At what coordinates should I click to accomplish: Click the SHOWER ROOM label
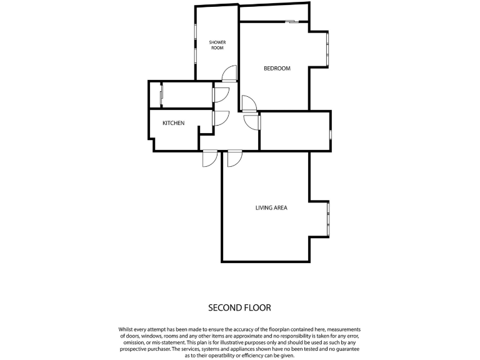217,45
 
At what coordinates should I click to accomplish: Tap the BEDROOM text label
277,69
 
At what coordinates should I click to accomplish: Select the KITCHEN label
173,123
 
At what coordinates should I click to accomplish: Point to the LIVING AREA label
271,207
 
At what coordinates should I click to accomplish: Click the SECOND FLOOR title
239,307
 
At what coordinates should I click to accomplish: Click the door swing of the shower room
229,74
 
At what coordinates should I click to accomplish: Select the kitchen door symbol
221,118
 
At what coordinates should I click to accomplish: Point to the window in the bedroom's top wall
292,22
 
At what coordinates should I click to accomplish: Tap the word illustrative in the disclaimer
249,342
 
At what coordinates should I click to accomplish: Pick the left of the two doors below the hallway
209,159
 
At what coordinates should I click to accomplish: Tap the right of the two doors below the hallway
234,159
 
